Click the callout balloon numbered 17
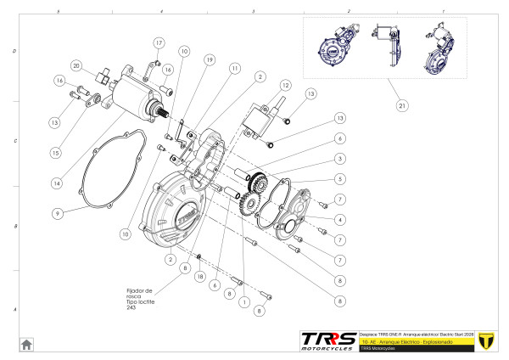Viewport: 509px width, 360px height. tap(159, 42)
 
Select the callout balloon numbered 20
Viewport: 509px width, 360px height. tap(76, 65)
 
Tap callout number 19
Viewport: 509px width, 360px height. tap(208, 59)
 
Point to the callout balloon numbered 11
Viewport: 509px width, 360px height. tap(234, 67)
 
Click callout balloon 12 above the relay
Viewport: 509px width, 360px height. tap(286, 86)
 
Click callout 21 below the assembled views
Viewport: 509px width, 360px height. tap(401, 105)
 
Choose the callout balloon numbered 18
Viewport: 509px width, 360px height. tap(200, 277)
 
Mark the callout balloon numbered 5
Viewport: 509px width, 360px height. tap(339, 179)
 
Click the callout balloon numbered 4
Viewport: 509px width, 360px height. tap(339, 219)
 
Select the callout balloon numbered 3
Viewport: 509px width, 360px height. tap(339, 159)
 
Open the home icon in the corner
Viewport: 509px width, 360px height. tap(27, 343)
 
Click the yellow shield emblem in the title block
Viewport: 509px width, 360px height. tap(486, 340)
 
